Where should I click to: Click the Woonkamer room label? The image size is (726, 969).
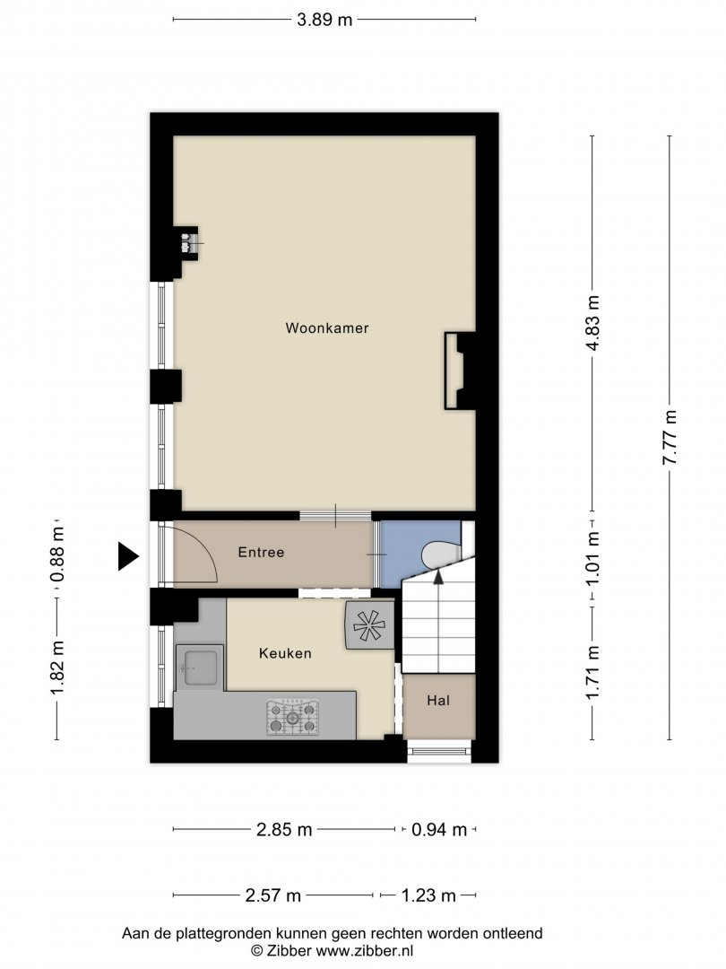pyautogui.click(x=326, y=328)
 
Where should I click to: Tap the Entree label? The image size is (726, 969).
pyautogui.click(x=261, y=553)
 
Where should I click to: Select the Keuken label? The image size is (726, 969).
pyautogui.click(x=285, y=653)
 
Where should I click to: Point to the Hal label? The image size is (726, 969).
pyautogui.click(x=438, y=701)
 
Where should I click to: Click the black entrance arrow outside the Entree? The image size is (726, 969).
pyautogui.click(x=128, y=556)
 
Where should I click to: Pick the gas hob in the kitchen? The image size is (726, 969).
pyautogui.click(x=292, y=718)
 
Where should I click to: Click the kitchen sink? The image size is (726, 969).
pyautogui.click(x=199, y=668)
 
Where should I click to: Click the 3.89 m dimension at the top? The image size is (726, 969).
pyautogui.click(x=324, y=20)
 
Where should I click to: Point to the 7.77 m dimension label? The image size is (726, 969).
pyautogui.click(x=670, y=437)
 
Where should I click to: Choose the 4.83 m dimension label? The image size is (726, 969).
pyautogui.click(x=592, y=323)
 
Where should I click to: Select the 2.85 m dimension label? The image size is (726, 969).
pyautogui.click(x=284, y=829)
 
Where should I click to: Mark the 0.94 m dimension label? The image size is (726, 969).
pyautogui.click(x=439, y=829)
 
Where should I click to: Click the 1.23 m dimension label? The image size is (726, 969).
pyautogui.click(x=428, y=895)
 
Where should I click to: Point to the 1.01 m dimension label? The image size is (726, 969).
pyautogui.click(x=592, y=559)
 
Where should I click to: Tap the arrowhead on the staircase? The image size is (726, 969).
pyautogui.click(x=438, y=577)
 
